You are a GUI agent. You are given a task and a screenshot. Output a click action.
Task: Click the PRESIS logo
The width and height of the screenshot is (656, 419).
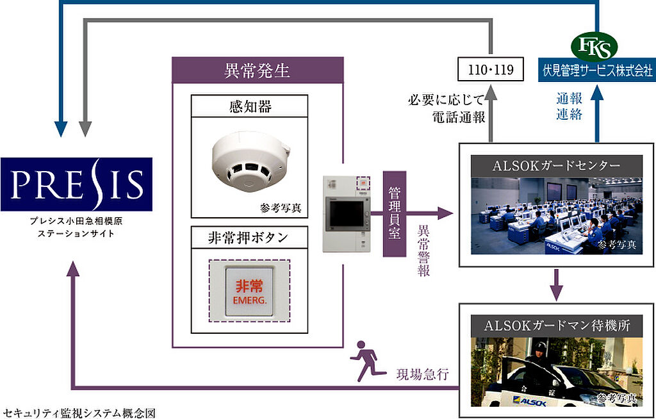tap(76, 184)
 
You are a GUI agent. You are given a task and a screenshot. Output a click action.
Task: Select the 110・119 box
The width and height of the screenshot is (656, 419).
tap(490, 69)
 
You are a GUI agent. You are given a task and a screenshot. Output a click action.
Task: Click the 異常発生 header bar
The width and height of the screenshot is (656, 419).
tap(258, 70)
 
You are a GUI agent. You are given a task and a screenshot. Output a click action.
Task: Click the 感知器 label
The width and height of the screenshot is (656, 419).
tap(250, 106)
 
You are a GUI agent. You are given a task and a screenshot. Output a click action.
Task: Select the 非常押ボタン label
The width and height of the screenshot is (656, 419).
tap(250, 238)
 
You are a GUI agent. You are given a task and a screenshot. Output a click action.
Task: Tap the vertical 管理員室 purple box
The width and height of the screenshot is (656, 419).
tap(395, 213)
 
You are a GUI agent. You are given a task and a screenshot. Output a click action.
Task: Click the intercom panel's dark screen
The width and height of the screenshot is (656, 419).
tap(347, 213)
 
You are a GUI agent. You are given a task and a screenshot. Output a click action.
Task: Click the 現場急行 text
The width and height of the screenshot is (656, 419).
tap(422, 374)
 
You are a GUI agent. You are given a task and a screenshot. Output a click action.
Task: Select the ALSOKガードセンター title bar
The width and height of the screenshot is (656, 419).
tap(557, 166)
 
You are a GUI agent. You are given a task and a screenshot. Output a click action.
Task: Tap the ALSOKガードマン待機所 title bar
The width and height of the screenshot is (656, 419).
tap(557, 325)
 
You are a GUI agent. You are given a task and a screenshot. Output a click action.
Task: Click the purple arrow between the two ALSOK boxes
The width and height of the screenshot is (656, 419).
tap(556, 285)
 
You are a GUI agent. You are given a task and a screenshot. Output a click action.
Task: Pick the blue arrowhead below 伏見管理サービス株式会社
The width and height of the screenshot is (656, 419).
tap(597, 92)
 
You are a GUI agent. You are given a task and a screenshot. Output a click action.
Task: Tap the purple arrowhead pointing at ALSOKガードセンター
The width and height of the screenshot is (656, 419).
tap(446, 213)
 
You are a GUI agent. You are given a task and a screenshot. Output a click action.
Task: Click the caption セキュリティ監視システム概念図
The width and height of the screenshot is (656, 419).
tap(79, 413)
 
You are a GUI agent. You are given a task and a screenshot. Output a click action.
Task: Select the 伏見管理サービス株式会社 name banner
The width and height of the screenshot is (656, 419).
tap(597, 70)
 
